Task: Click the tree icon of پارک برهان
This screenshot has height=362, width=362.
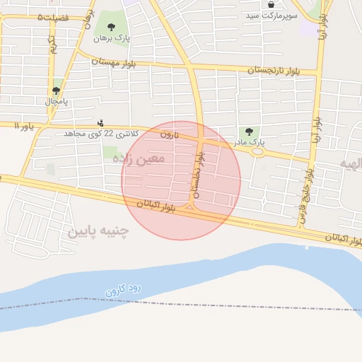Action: tap(111, 27)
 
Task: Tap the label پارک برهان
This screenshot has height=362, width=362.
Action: tap(103, 37)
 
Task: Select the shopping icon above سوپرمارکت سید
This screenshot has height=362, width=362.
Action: tap(271, 4)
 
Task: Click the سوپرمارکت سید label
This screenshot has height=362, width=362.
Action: tap(272, 14)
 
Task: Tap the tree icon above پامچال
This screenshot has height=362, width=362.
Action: tap(56, 90)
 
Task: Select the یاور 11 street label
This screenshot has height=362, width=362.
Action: tap(24, 126)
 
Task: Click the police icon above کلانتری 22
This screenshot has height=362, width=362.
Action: tap(100, 122)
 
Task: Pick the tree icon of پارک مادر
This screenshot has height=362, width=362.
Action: tap(248, 131)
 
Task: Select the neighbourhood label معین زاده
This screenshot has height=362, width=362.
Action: tap(139, 158)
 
